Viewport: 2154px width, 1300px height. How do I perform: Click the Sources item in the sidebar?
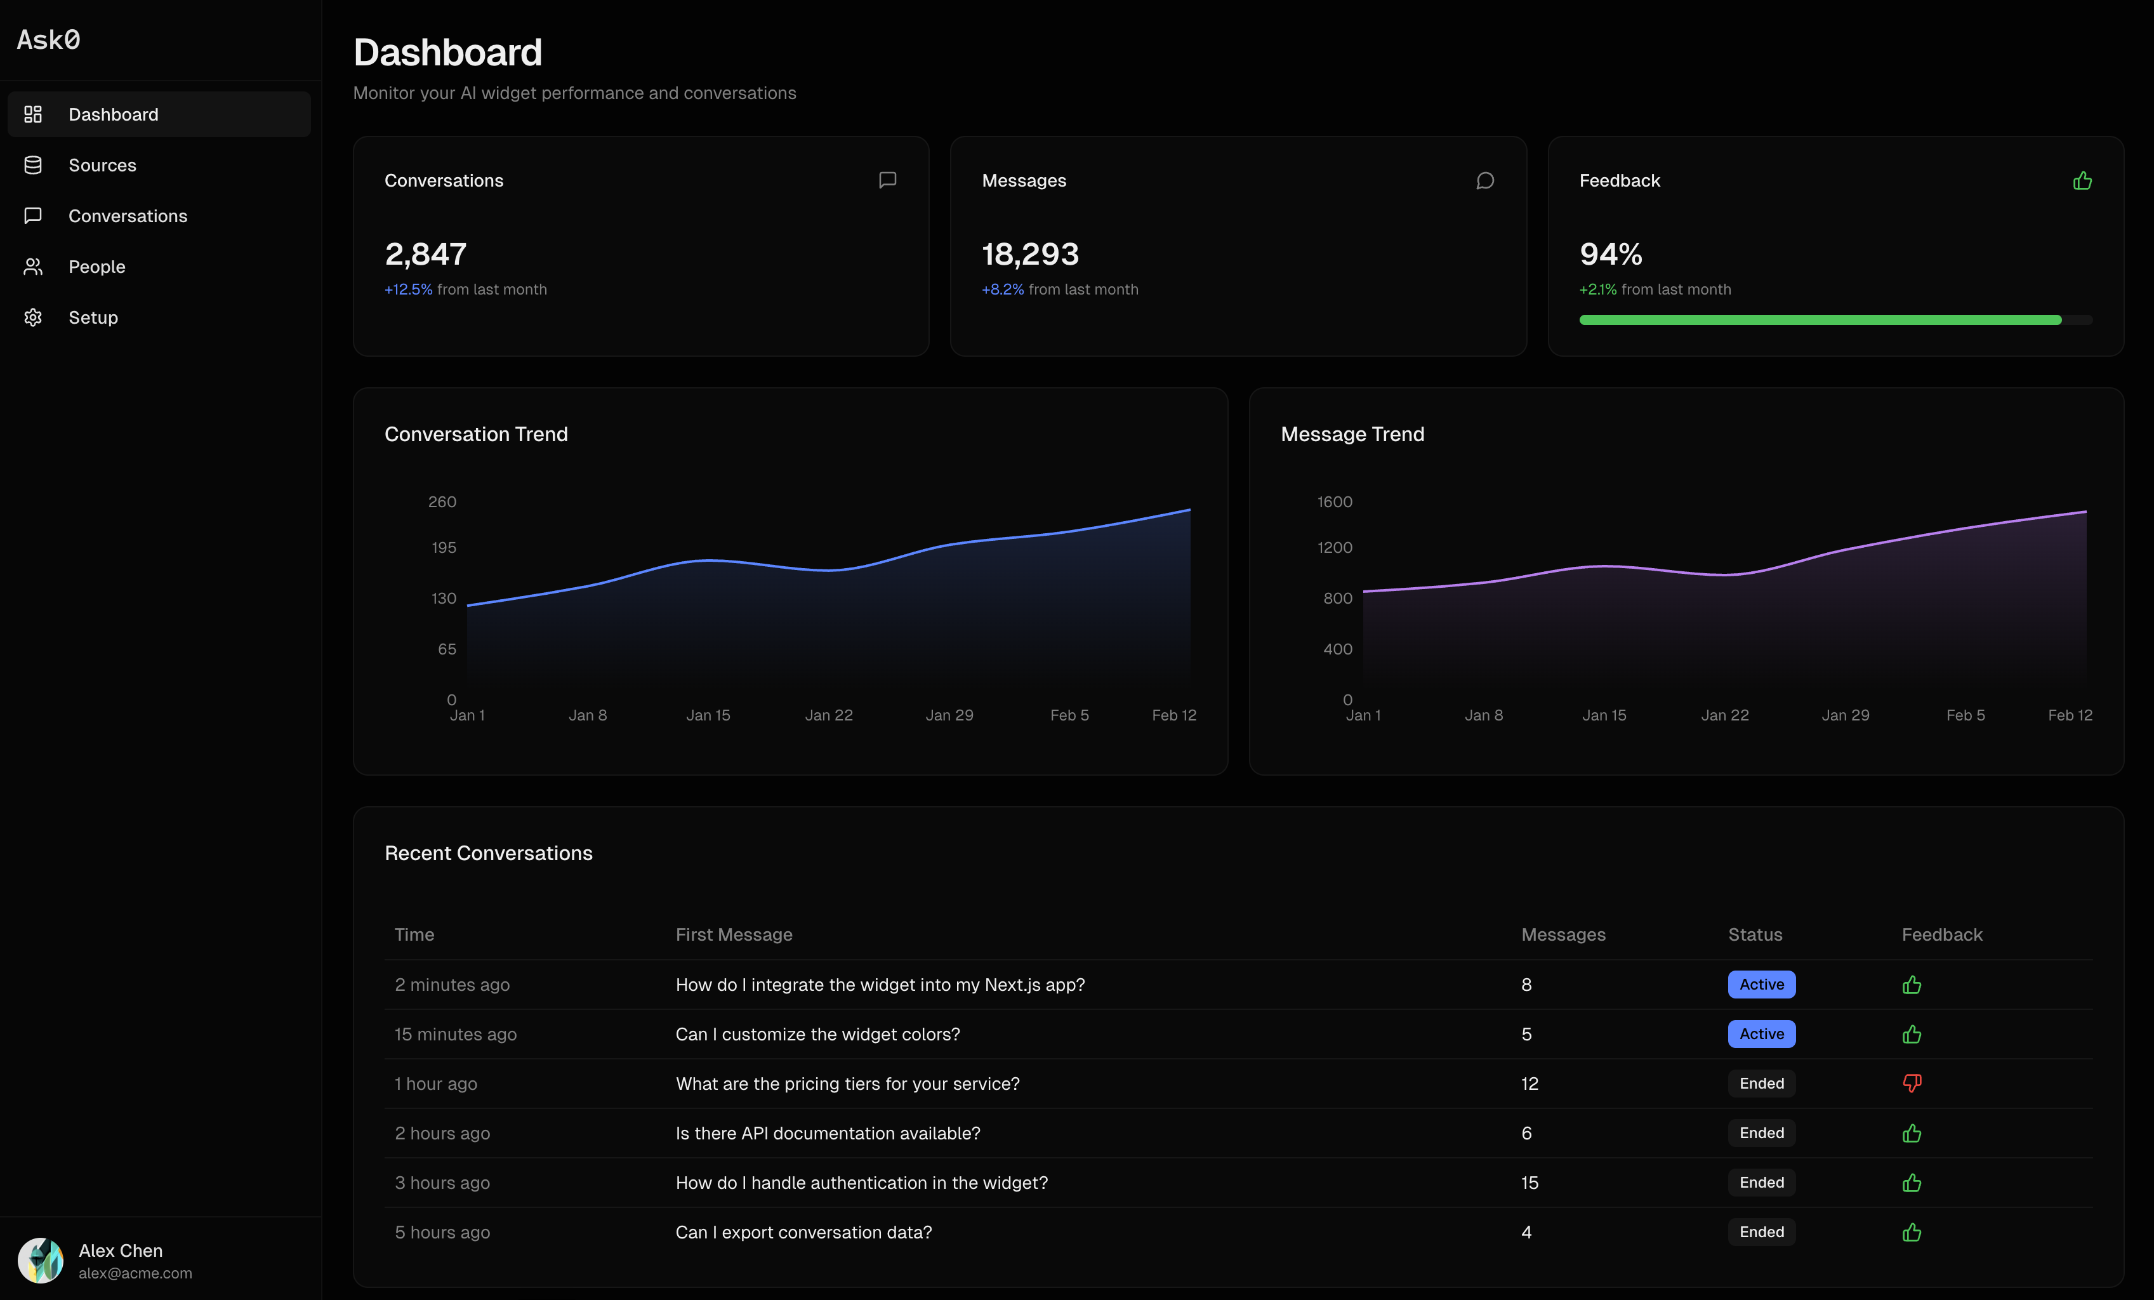click(x=102, y=165)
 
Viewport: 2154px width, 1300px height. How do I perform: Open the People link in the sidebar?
click(x=96, y=267)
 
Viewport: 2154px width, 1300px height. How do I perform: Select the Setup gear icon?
click(x=33, y=317)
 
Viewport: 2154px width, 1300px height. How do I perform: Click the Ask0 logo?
click(x=49, y=39)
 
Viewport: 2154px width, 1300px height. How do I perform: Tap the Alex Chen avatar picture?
click(x=40, y=1260)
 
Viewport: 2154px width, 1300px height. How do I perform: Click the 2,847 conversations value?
click(x=426, y=255)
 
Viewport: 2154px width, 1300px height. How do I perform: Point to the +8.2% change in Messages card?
click(x=1002, y=289)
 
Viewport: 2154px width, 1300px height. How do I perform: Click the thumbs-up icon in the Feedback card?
click(x=2082, y=181)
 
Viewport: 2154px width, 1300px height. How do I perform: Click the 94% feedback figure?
click(x=1610, y=255)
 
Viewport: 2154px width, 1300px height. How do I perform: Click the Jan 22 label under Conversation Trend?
click(x=828, y=715)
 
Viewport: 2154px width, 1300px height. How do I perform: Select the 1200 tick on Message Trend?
click(x=1334, y=547)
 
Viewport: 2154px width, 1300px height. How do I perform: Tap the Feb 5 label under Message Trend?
click(x=1964, y=715)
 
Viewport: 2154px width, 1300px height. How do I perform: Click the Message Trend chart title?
click(x=1352, y=435)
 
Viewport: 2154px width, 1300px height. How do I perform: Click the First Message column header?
click(x=734, y=934)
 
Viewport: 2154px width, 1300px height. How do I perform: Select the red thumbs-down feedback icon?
click(x=1911, y=1083)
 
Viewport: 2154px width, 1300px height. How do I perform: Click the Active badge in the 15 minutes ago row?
click(x=1761, y=1034)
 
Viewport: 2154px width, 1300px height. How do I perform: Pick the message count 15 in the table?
click(x=1529, y=1183)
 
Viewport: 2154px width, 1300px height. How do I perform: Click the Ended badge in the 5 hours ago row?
click(x=1761, y=1232)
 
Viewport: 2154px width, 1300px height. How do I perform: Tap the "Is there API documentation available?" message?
click(x=827, y=1133)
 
